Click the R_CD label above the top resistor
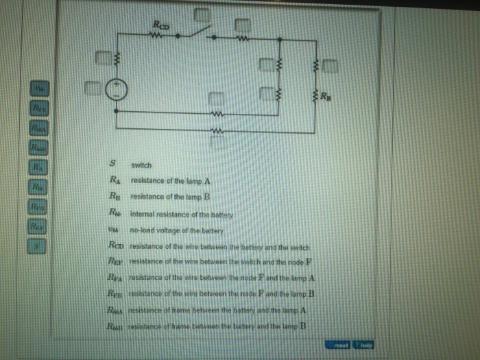[161, 25]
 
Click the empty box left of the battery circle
[92, 87]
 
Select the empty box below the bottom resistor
[216, 141]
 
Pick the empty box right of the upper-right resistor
[330, 66]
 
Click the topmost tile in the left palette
[39, 88]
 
